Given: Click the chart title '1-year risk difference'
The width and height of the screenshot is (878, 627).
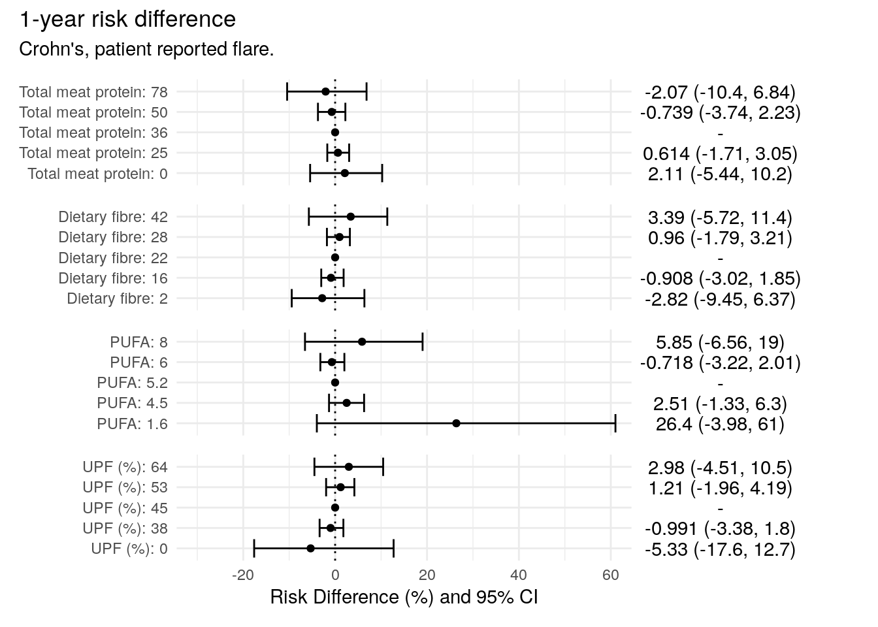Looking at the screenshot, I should [x=127, y=20].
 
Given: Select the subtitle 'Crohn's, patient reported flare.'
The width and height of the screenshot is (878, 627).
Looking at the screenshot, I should [x=146, y=49].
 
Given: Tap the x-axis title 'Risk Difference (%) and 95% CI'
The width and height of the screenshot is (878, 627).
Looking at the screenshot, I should [x=404, y=597].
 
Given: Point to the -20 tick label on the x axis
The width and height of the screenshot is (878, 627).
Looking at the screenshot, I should [x=242, y=575].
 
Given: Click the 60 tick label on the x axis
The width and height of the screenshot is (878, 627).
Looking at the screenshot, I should [x=610, y=575].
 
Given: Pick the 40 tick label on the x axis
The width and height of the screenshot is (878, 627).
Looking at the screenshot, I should [x=519, y=575].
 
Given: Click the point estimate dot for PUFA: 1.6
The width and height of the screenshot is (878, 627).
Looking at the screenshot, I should [x=456, y=423].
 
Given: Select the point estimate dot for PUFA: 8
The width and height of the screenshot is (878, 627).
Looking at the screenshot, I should [x=362, y=342].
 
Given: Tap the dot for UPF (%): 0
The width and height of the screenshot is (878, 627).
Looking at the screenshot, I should [x=310, y=549].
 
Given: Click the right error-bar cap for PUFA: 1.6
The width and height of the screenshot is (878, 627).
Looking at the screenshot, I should [x=615, y=423].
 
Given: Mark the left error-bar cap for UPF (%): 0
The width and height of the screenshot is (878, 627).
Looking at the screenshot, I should [x=254, y=549].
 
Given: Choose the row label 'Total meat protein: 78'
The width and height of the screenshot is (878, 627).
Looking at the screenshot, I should [x=93, y=92].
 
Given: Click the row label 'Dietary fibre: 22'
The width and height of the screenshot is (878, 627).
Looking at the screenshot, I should [x=113, y=258].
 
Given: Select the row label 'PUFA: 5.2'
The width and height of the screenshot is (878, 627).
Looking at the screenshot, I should [x=132, y=383].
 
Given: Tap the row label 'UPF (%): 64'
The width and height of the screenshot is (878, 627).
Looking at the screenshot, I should [x=125, y=467].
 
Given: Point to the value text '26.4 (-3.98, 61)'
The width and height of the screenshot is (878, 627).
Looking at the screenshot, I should [x=720, y=424].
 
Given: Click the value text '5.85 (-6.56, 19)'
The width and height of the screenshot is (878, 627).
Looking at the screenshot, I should [x=720, y=342].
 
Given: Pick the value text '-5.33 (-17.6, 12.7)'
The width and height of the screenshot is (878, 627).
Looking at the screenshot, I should [x=720, y=549].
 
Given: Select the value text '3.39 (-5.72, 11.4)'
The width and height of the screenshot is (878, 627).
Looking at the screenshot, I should [x=720, y=217].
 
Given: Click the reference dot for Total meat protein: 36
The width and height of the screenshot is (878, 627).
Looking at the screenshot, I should [x=335, y=133].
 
